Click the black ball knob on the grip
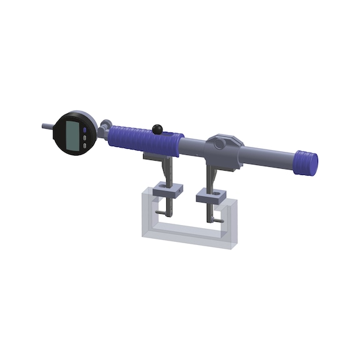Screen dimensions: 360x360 click(x=159, y=129)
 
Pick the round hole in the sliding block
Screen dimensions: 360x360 click(x=219, y=144)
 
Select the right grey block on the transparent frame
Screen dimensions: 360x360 click(x=211, y=198)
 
